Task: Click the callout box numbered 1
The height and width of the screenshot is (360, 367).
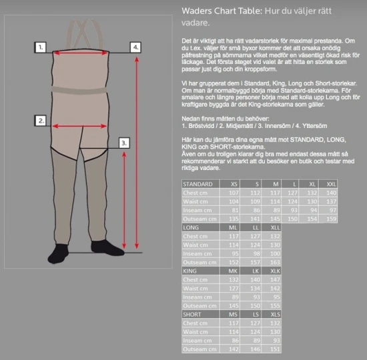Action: click(41, 47)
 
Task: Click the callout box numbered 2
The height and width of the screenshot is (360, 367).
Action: click(41, 121)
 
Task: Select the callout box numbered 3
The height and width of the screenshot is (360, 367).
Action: click(124, 143)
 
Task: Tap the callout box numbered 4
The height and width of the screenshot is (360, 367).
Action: click(135, 47)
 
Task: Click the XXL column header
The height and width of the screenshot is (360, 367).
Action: click(332, 184)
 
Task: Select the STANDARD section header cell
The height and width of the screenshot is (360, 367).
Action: click(198, 184)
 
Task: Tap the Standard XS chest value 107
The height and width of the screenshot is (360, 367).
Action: click(234, 193)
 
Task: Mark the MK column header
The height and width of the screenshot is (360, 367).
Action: click(234, 271)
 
